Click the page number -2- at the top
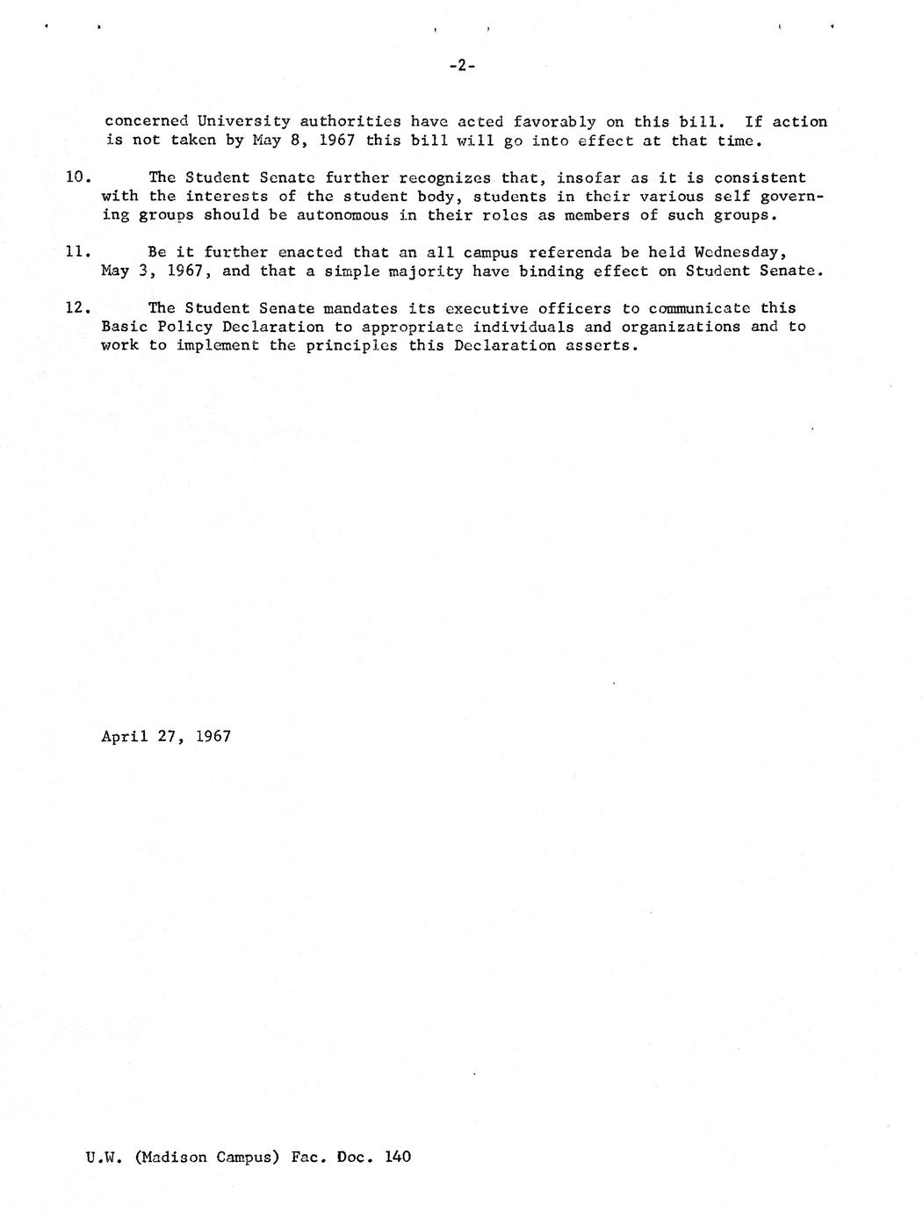click(x=461, y=65)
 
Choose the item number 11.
click(x=76, y=252)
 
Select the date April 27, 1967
click(x=166, y=736)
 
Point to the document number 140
click(x=397, y=1157)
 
